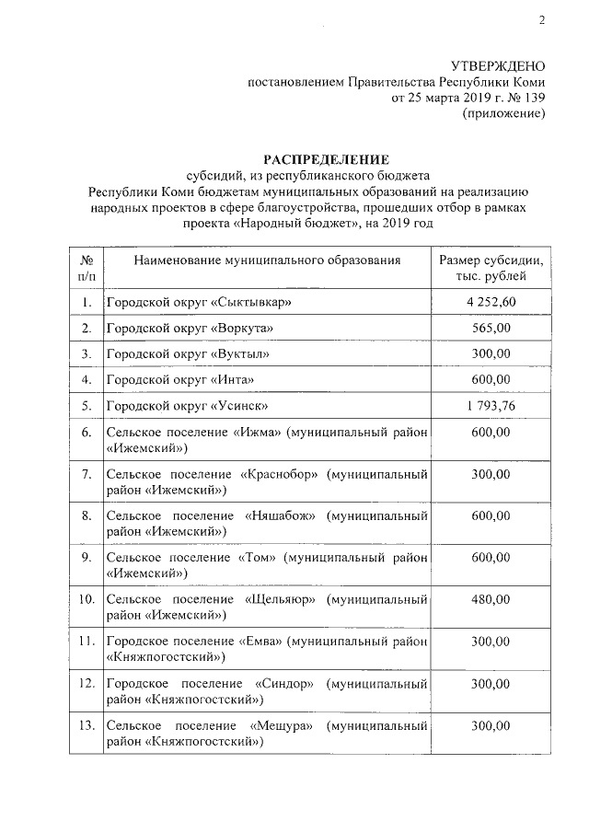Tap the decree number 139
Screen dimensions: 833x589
click(535, 97)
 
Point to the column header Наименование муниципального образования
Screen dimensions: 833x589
click(267, 260)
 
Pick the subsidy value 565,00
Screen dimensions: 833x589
click(490, 329)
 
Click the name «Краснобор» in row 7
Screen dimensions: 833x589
click(283, 474)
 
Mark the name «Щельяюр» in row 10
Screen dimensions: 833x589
click(282, 600)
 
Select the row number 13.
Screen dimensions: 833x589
click(87, 726)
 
